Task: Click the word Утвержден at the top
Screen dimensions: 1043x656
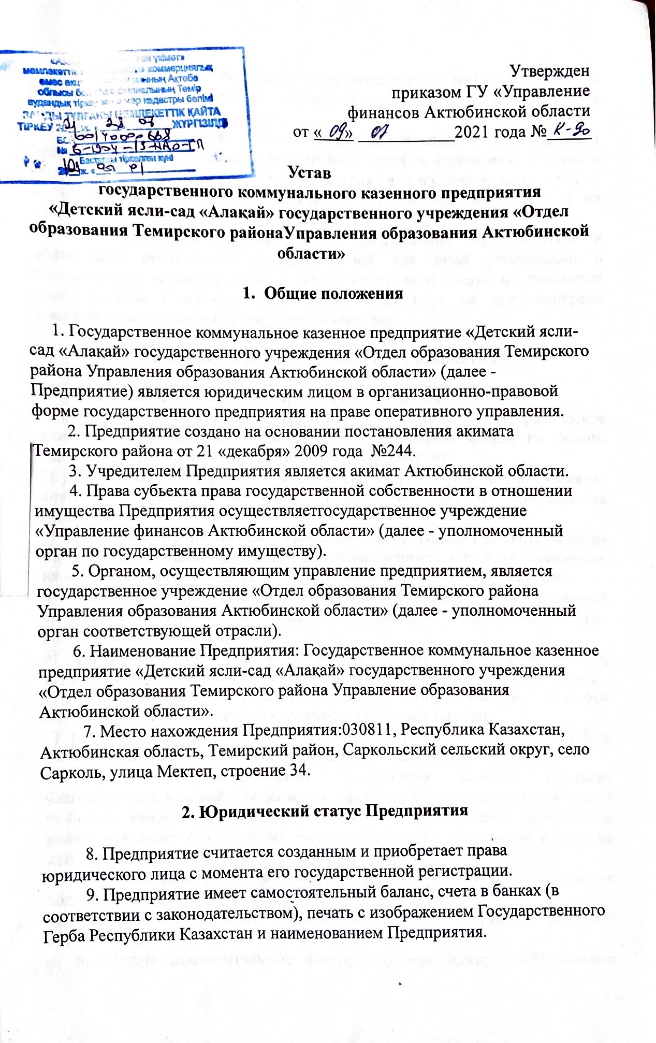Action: (x=549, y=70)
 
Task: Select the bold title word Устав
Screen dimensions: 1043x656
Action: (x=309, y=172)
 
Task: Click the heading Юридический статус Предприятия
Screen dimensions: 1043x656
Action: (x=325, y=810)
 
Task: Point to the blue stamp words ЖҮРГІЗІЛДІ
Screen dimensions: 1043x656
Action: (x=200, y=122)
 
